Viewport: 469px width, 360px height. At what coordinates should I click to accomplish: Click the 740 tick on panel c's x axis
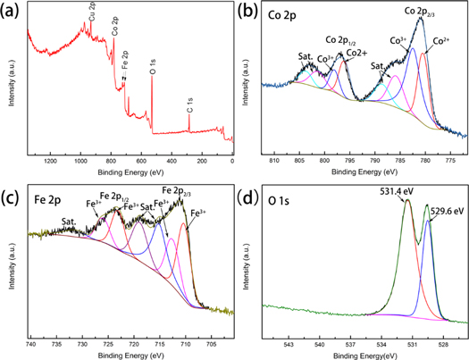pos(30,342)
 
